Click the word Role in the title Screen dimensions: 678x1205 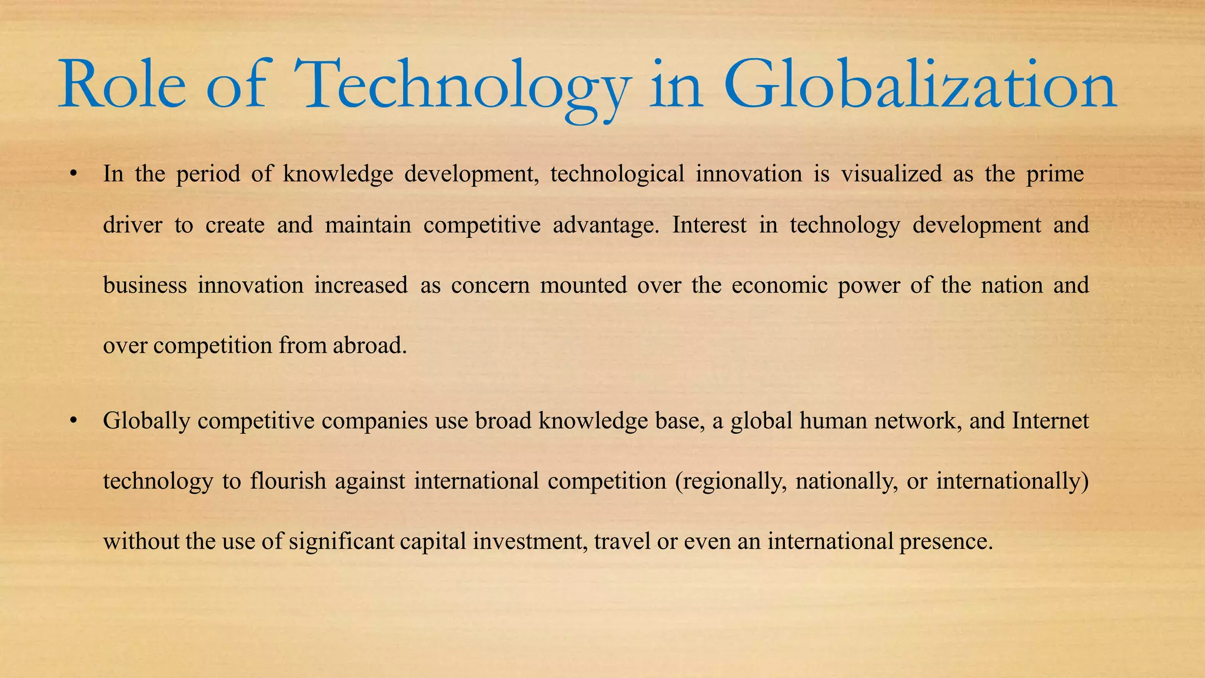click(122, 85)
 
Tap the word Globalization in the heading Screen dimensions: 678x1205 click(920, 85)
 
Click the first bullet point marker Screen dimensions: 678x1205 click(73, 174)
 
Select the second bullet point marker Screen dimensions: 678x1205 click(73, 421)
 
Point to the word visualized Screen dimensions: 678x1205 click(891, 174)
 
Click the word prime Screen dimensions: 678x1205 click(1055, 174)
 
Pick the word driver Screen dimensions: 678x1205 click(132, 225)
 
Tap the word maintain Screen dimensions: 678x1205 click(368, 225)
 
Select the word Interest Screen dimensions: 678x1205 click(709, 225)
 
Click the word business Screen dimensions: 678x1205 click(145, 285)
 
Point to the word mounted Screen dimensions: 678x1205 click(584, 285)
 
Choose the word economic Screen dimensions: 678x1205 click(779, 285)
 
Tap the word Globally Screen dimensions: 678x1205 click(147, 421)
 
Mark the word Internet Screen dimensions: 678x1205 click(1050, 421)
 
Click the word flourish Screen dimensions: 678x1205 click(288, 481)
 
